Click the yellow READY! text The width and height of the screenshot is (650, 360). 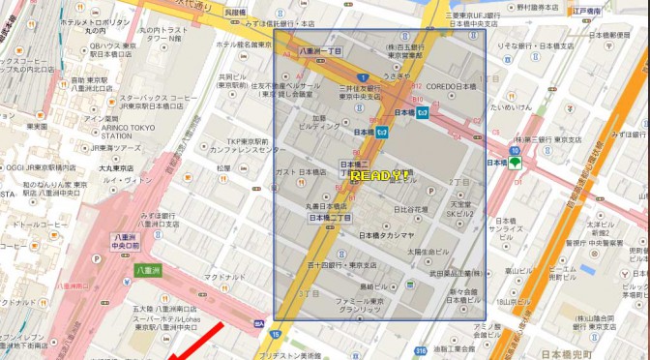pos(378,176)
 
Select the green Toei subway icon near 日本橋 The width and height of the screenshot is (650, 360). pos(516,164)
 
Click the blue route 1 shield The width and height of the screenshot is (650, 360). pos(361,77)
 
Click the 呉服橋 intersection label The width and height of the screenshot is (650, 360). pos(234,13)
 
